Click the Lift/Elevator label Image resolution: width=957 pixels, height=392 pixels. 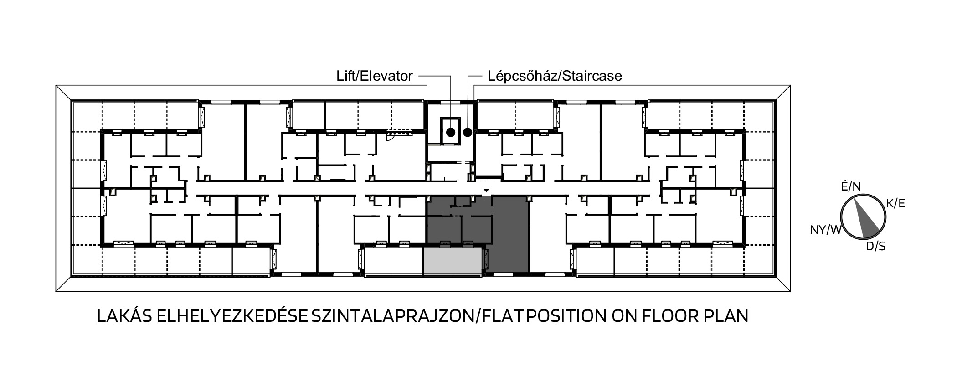coord(375,76)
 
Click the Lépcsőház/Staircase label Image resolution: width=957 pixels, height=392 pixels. coord(555,76)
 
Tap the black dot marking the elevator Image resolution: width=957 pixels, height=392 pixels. coord(451,133)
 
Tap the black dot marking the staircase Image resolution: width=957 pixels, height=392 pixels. coord(468,133)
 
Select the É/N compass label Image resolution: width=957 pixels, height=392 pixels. coord(851,186)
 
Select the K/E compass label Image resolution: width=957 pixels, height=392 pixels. coord(895,204)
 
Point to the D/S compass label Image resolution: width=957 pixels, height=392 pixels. coord(875,247)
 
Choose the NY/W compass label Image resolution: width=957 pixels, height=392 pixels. coord(825,230)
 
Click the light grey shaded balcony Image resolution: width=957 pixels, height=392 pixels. coord(453,261)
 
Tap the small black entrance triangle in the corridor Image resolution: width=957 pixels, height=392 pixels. coord(487,190)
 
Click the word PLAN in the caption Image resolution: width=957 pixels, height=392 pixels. coord(727,316)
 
